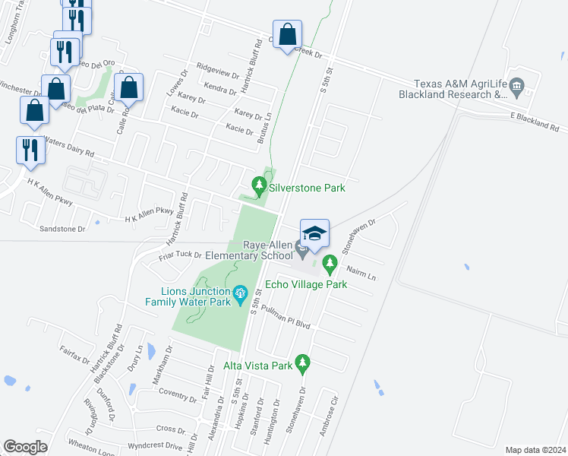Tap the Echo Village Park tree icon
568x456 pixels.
[330, 264]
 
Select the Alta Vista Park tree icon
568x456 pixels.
[303, 363]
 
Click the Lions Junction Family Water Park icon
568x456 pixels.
[241, 293]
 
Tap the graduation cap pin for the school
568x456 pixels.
[314, 233]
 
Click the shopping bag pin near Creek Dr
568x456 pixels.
[288, 35]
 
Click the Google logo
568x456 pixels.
[25, 447]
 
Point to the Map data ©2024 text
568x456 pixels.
[535, 449]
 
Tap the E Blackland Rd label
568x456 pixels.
[538, 121]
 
